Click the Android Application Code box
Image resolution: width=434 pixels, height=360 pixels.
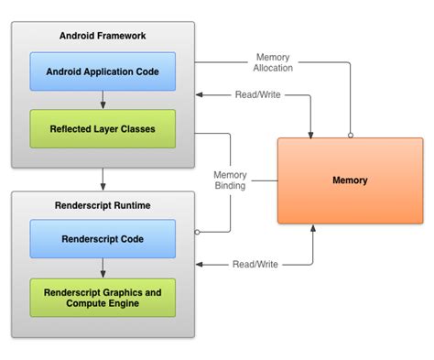(x=103, y=71)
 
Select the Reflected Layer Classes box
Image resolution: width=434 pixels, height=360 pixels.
(x=103, y=129)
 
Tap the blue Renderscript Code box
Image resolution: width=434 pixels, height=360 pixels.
(x=103, y=239)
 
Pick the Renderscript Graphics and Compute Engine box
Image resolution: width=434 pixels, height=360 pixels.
(x=103, y=298)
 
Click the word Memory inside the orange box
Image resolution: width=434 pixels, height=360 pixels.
(x=350, y=180)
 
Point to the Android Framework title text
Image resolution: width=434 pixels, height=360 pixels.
(x=103, y=37)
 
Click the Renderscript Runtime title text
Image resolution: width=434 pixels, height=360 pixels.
(x=103, y=206)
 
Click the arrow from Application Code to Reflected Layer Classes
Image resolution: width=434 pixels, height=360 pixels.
(x=103, y=99)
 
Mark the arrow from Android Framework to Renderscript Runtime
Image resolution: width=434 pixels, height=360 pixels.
(x=103, y=180)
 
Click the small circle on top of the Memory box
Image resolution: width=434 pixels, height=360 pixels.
(x=351, y=135)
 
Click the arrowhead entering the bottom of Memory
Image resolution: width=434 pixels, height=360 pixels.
(x=313, y=229)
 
